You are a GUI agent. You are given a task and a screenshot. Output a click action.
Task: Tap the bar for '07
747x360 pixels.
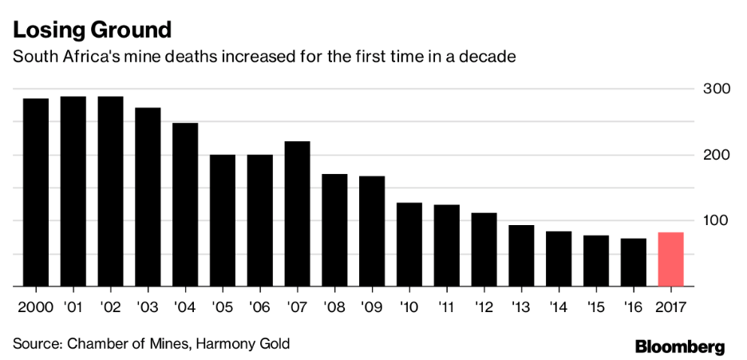pos(297,213)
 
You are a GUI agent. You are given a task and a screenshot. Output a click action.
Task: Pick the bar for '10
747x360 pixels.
pos(409,244)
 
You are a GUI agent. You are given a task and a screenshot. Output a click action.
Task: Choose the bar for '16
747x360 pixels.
pos(633,262)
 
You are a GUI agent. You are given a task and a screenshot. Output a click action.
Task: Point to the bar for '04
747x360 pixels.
pos(185,204)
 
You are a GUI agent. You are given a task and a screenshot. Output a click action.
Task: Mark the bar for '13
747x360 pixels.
pos(521,255)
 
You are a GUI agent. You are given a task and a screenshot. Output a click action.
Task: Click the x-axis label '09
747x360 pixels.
pos(372,306)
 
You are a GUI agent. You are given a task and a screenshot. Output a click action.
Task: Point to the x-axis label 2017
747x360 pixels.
pos(670,306)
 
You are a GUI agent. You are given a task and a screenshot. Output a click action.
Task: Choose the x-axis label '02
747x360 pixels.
pos(110,306)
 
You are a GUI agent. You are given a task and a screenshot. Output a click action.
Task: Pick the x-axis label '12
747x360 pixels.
pos(484,306)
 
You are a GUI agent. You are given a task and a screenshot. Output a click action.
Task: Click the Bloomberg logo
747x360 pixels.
pos(680,346)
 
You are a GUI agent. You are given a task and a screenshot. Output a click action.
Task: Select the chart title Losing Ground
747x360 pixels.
pos(92,30)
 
